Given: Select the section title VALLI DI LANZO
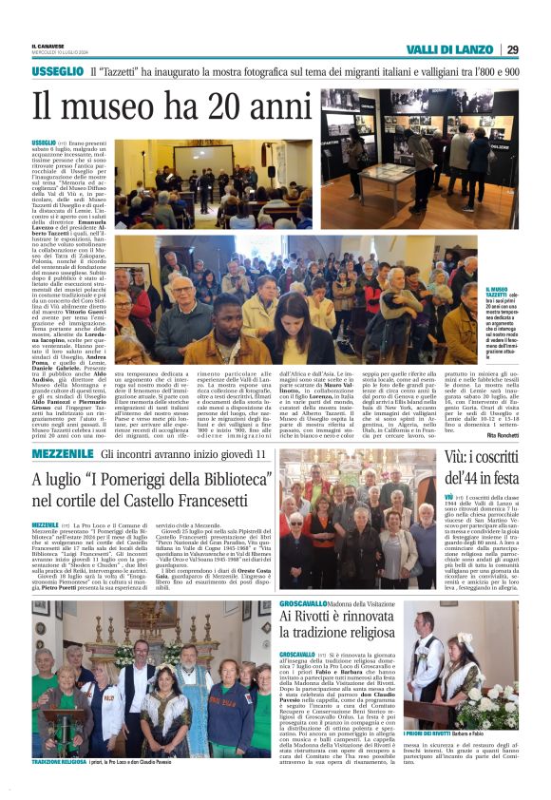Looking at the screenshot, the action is [446, 49].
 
